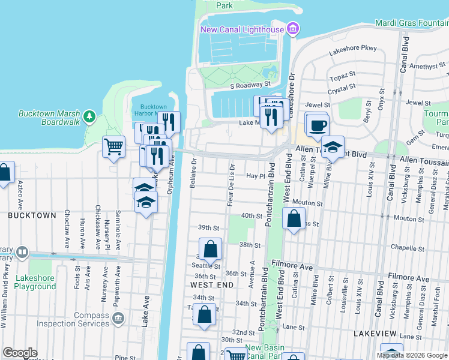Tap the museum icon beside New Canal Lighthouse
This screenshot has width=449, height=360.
coord(292,28)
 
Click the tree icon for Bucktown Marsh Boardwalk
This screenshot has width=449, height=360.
coord(89,116)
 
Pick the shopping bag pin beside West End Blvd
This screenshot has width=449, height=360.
coord(293,219)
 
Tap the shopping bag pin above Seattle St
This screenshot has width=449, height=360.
coord(210,249)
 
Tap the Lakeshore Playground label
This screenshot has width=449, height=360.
coord(34,282)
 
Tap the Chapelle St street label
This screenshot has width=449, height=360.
coord(403,247)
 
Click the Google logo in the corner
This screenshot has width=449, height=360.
coord(19,353)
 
